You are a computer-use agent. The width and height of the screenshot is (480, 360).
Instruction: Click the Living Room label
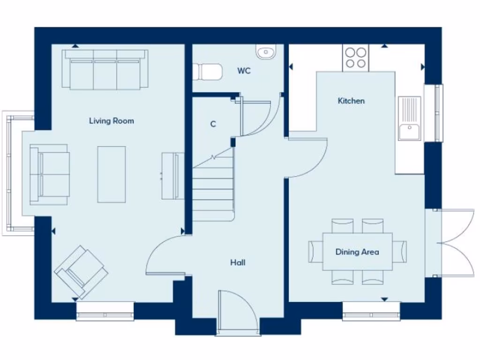click(x=112, y=121)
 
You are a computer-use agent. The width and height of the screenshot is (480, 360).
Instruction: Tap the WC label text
click(x=244, y=71)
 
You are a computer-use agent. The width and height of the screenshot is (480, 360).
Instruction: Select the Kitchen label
click(x=351, y=101)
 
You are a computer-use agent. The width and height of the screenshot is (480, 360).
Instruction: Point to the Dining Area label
click(x=357, y=252)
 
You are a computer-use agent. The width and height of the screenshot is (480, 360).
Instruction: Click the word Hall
click(x=238, y=262)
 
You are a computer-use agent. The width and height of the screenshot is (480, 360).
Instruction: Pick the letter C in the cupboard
click(x=213, y=124)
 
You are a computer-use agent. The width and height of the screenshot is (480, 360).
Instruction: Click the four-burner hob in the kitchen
click(x=355, y=58)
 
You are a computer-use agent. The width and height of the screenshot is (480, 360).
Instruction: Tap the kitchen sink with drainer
click(x=410, y=118)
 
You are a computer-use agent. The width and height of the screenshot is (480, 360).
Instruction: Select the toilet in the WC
click(x=207, y=72)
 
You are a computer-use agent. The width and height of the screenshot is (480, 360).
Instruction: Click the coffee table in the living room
click(x=112, y=174)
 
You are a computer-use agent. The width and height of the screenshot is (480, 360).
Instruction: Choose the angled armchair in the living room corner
click(x=81, y=271)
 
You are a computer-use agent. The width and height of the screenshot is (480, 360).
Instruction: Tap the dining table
click(x=357, y=252)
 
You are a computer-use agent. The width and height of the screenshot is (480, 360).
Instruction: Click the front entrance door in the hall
click(x=238, y=312)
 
